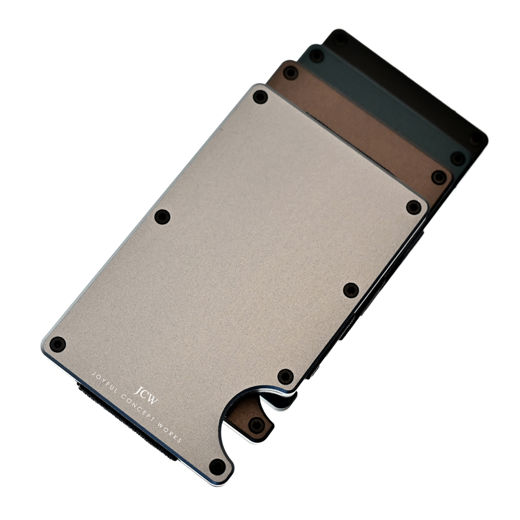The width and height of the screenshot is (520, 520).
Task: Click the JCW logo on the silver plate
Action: (146, 395)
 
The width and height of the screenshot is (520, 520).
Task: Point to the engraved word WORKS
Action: (171, 433)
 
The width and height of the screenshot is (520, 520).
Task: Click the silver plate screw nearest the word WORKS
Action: (217, 465)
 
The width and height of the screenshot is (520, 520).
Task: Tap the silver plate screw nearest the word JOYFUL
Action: (57, 344)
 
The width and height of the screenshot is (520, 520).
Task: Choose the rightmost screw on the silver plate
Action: (413, 207)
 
